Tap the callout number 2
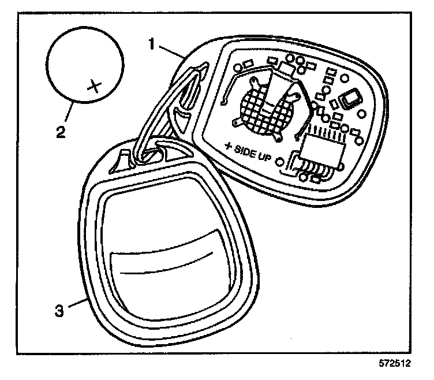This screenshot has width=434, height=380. (60, 132)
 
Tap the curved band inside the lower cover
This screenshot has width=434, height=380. (167, 251)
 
